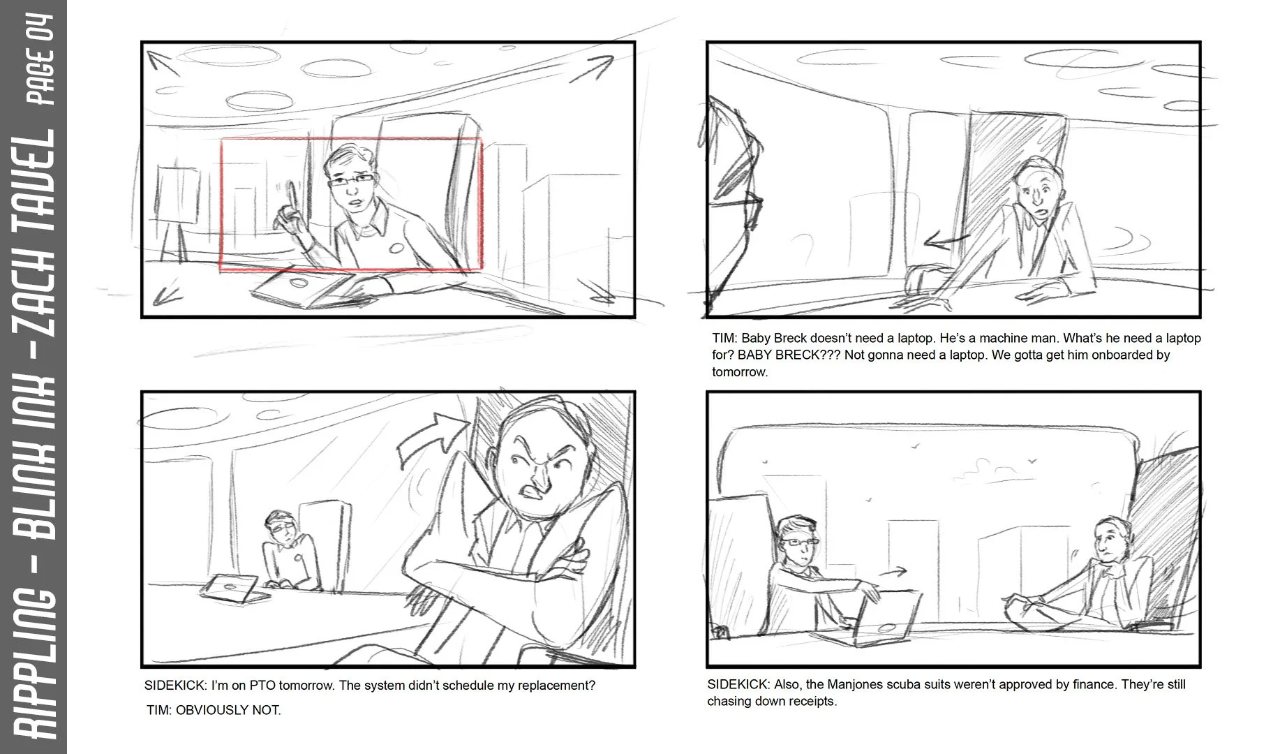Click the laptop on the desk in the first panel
(x=306, y=288)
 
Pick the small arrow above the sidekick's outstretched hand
(x=893, y=572)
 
